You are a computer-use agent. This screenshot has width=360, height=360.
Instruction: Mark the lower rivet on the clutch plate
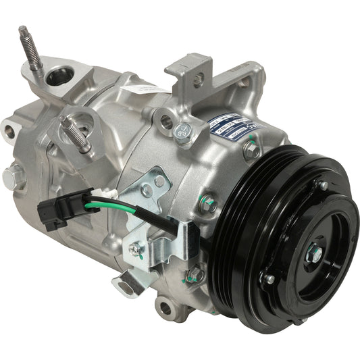269,279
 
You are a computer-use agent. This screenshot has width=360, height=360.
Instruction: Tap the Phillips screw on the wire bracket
136,249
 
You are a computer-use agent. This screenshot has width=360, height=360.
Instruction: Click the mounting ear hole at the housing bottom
165,308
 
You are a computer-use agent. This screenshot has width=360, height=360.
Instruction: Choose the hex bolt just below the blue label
252,150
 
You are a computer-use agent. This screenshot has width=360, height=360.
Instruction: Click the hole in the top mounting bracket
197,79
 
